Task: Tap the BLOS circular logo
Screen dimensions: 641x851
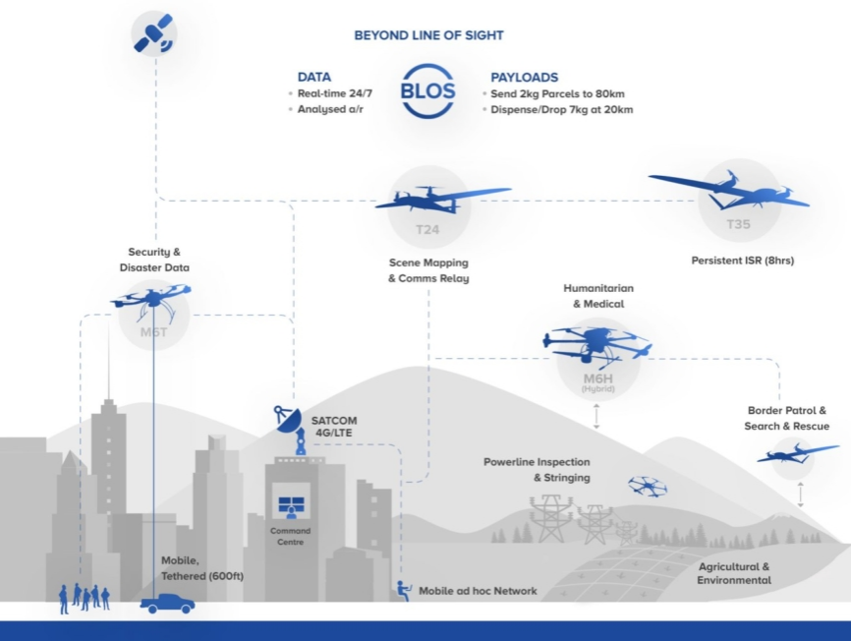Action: coord(428,91)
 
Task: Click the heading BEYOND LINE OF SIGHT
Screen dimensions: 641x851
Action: coord(428,35)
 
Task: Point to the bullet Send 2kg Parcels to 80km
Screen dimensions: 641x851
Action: coord(557,93)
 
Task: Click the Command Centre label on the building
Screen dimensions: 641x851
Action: coord(291,536)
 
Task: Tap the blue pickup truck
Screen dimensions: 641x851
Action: coord(167,603)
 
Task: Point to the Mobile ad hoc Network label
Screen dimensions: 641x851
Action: coord(478,591)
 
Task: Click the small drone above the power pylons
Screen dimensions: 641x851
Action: coord(648,485)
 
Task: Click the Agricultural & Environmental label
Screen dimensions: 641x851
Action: coord(733,573)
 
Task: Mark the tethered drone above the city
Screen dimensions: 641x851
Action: coord(151,295)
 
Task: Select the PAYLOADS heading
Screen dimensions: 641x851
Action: coord(524,77)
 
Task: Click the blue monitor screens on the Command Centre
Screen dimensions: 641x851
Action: coord(291,506)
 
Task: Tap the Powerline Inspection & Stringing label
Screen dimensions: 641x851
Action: coord(537,470)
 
